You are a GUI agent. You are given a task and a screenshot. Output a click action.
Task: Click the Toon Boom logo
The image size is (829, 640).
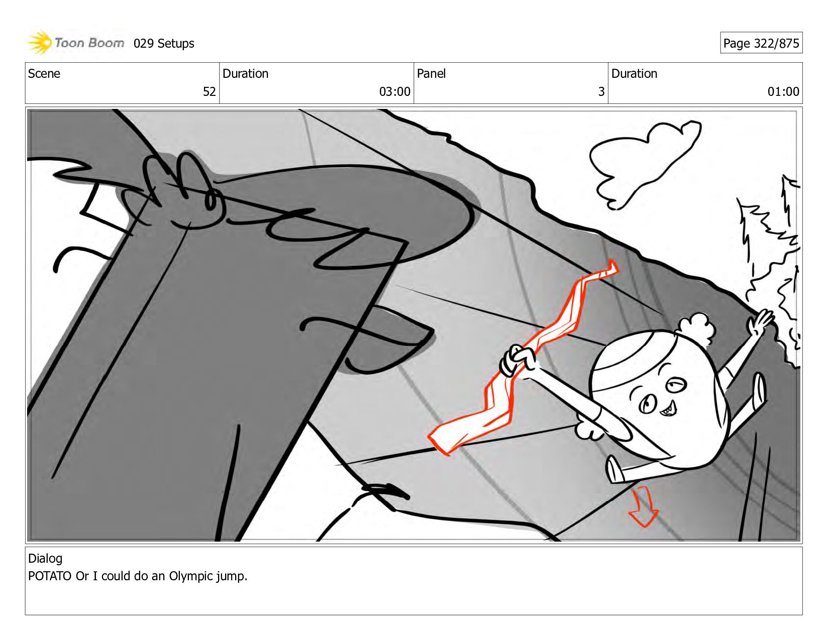75,43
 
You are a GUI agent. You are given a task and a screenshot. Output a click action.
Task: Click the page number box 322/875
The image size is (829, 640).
761,43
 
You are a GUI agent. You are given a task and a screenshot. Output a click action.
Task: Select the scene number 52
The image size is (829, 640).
209,91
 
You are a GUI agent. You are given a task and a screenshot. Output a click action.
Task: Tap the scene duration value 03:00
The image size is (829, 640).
394,91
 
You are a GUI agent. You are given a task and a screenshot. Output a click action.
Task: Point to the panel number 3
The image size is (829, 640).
601,91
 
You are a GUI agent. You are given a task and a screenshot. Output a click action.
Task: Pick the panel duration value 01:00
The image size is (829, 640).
783,91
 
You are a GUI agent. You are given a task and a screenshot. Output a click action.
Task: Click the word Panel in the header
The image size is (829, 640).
431,73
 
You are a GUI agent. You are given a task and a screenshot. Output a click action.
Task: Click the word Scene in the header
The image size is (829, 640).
44,73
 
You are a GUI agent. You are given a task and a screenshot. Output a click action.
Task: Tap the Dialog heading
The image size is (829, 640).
45,558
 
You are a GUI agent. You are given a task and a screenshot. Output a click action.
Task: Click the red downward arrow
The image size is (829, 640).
644,507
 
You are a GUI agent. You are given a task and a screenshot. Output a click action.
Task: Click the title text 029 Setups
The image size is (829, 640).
164,44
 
